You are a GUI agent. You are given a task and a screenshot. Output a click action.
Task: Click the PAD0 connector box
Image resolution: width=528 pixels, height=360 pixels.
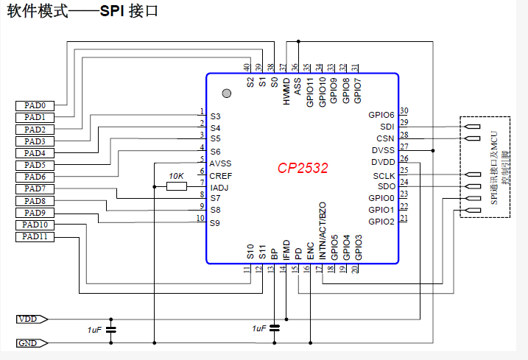(x=35, y=105)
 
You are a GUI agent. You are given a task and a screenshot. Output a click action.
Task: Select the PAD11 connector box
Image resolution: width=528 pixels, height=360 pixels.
(x=35, y=236)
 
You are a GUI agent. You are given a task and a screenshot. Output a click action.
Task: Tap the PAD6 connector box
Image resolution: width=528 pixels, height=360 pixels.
(x=35, y=177)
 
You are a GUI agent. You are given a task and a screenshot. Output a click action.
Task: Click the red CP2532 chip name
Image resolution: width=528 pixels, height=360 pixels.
(x=303, y=169)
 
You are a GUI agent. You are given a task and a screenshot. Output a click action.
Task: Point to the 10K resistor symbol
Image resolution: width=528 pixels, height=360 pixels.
(x=176, y=186)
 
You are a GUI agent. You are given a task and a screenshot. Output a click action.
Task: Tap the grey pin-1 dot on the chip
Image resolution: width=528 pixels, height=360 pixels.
(x=227, y=93)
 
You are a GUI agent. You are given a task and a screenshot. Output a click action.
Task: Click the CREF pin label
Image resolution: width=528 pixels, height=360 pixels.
(x=221, y=175)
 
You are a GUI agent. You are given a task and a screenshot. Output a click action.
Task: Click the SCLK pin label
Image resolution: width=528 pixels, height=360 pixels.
(x=384, y=176)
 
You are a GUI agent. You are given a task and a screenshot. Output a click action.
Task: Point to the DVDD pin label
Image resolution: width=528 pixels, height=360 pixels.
(x=383, y=162)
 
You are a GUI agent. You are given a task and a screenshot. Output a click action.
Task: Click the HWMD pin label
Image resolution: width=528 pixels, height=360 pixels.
(x=286, y=91)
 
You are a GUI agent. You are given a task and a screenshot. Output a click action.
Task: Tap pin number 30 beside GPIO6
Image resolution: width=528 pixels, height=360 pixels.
(x=404, y=111)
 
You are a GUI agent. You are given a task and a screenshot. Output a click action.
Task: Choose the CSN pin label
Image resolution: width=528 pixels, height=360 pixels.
(x=385, y=138)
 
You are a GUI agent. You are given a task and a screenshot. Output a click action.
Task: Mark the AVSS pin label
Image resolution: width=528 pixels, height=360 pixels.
(x=221, y=163)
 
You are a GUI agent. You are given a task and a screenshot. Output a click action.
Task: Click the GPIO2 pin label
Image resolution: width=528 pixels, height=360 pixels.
(x=381, y=221)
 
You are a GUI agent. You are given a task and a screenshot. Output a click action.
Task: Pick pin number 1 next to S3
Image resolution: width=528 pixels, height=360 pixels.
(x=201, y=112)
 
